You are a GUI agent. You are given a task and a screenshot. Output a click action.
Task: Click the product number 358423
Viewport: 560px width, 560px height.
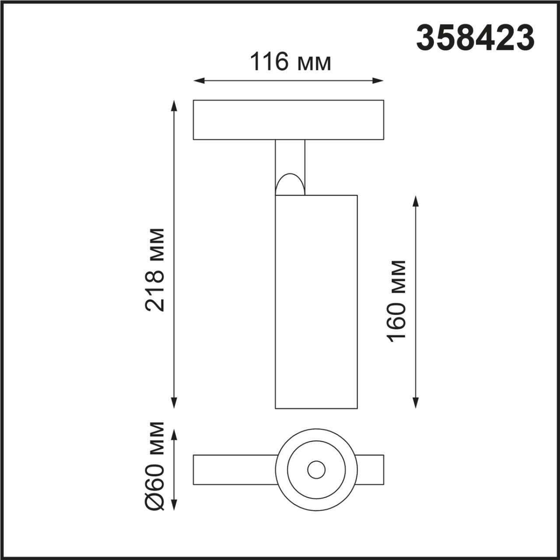[x=475, y=38]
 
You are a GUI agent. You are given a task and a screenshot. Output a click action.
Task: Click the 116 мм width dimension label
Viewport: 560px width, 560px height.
[x=290, y=62]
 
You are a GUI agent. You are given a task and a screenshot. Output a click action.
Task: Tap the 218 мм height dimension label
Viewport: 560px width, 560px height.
[x=155, y=269]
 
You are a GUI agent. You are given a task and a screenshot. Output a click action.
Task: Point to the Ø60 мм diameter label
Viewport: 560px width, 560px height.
[x=155, y=465]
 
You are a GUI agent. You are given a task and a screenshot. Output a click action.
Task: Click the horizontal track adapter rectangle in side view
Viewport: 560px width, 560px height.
[x=288, y=120]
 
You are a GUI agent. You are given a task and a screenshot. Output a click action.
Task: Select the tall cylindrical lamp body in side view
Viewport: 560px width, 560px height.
[x=316, y=302]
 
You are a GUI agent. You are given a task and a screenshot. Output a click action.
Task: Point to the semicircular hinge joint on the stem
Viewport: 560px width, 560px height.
[x=289, y=185]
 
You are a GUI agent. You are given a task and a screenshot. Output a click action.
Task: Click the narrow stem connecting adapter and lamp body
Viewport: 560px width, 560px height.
[x=290, y=157]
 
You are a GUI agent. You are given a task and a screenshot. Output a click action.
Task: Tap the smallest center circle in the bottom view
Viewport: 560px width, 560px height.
[x=316, y=470]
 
